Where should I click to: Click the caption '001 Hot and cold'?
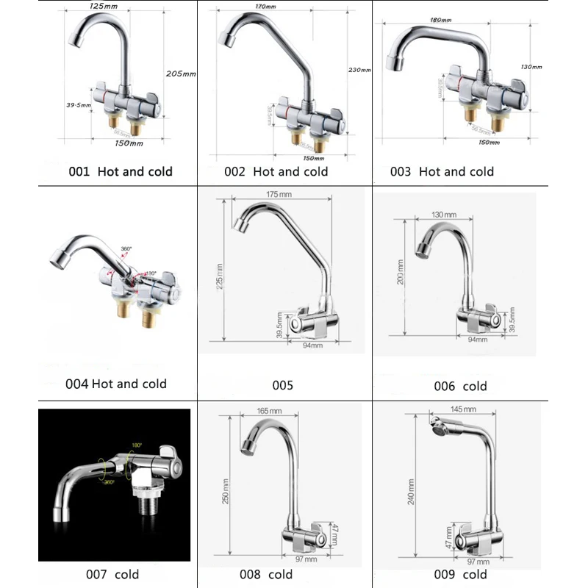click(x=120, y=171)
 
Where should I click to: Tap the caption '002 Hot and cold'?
click(x=276, y=171)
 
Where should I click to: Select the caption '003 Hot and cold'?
click(x=442, y=171)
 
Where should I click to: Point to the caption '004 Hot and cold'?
click(x=116, y=383)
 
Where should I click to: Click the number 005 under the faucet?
click(x=283, y=384)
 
